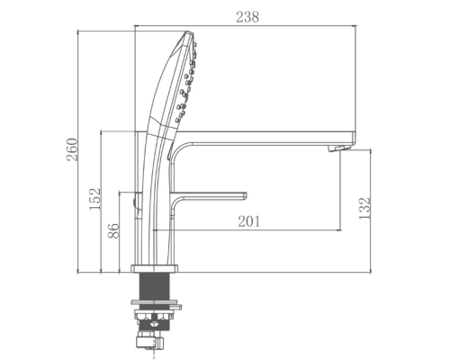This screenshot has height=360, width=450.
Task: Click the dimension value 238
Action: point(247,17)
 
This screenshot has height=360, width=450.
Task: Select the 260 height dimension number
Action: point(72,149)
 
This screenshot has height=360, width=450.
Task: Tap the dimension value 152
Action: point(94,199)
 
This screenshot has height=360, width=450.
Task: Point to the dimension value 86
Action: point(113,230)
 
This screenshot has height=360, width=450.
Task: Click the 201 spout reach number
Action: point(249,221)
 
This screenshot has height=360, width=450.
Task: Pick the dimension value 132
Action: point(364,209)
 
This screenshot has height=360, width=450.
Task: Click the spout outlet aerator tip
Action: point(339,148)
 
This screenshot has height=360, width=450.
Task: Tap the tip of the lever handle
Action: point(245,195)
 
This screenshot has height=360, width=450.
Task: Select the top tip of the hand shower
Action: point(188,31)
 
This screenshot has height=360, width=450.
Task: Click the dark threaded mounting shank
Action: point(155,286)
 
